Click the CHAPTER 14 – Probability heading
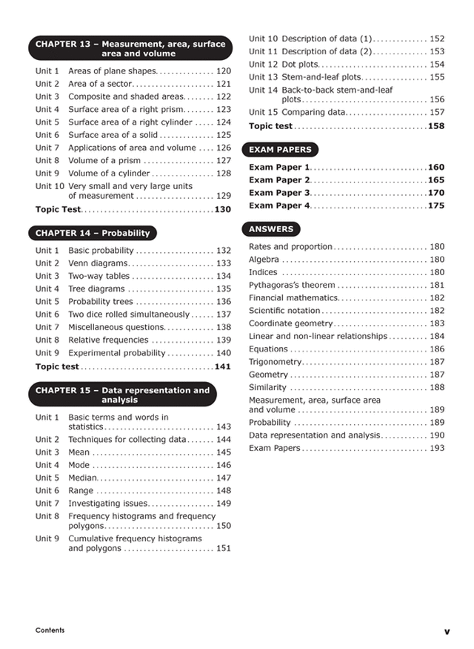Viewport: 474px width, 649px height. point(93,233)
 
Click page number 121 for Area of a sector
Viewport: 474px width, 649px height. point(223,84)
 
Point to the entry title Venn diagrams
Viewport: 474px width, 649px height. point(98,263)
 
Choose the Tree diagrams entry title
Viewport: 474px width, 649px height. point(96,289)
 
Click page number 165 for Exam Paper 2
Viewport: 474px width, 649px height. point(435,180)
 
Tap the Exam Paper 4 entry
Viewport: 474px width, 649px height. point(278,205)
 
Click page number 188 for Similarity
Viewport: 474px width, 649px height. point(437,387)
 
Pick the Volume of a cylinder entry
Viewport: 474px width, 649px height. point(108,173)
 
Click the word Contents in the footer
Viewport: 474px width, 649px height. point(50,630)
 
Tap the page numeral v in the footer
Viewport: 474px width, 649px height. point(447,631)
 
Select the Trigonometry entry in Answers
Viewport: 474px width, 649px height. point(276,362)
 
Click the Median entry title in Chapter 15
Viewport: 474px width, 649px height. point(82,478)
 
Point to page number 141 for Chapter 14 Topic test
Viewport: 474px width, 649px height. point(222,366)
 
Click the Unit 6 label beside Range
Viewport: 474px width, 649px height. point(47,490)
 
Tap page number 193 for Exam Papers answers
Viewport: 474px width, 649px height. point(437,448)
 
